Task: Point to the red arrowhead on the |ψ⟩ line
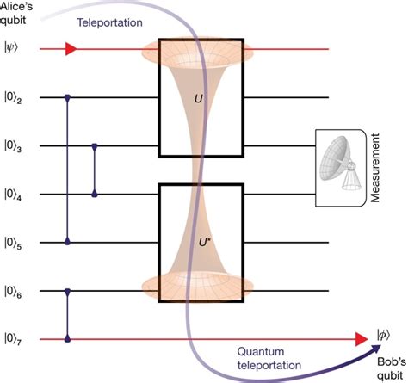tap(71, 50)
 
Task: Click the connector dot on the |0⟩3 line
tap(94, 146)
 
